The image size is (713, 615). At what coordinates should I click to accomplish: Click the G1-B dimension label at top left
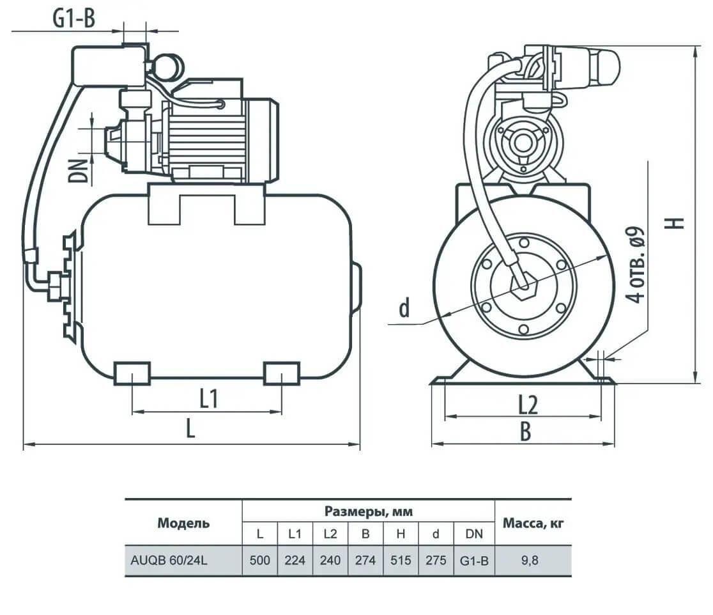tap(75, 19)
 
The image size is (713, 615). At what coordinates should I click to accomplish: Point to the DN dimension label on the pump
tap(78, 171)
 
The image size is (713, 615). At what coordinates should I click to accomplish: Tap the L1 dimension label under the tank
tap(209, 398)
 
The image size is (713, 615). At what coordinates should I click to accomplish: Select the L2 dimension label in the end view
tap(528, 405)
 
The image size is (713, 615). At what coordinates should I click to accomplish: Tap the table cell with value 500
tap(259, 560)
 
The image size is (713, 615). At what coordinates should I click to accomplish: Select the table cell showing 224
tap(295, 560)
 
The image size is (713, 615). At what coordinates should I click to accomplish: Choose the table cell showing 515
tap(401, 560)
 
